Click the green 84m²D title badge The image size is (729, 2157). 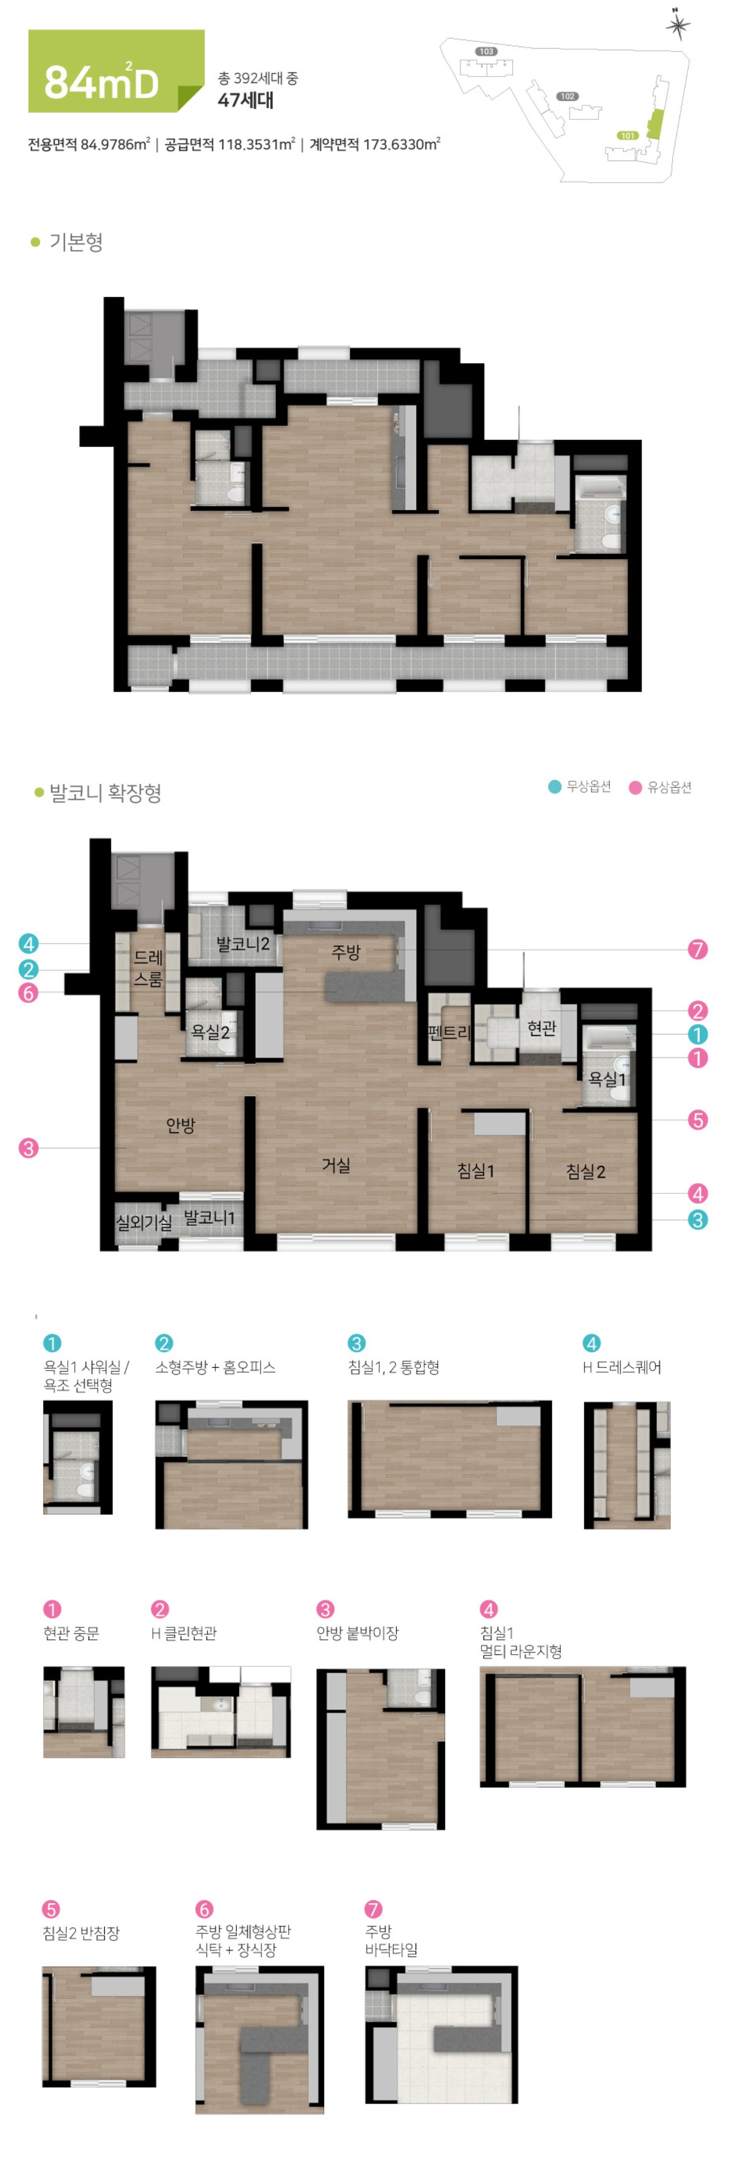tap(116, 71)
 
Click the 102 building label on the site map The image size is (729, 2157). tap(568, 96)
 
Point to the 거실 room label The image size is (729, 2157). tap(337, 1165)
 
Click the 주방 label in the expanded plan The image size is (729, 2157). tap(346, 952)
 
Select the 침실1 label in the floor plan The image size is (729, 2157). tap(475, 1171)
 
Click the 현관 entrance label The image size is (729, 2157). tap(542, 1027)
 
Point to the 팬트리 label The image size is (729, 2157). tap(450, 1032)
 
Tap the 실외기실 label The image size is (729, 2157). tap(144, 1222)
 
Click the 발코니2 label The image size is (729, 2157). tap(242, 944)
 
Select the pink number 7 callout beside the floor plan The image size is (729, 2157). tap(697, 949)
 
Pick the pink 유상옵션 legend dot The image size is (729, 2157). tap(635, 787)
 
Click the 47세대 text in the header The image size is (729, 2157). tap(245, 100)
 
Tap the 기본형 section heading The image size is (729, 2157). tap(76, 242)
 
